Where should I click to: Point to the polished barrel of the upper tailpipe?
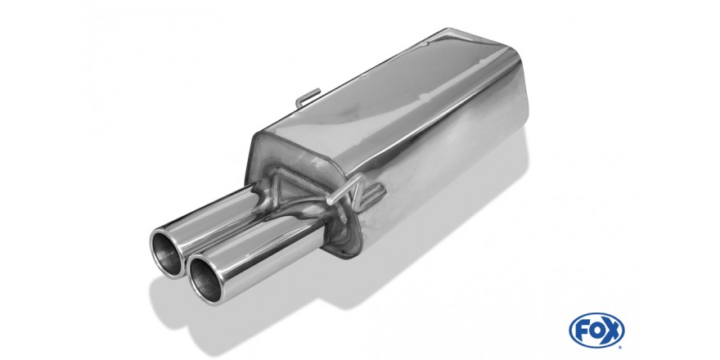[216, 216]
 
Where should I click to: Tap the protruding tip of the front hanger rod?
[330, 201]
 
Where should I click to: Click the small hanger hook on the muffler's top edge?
[307, 97]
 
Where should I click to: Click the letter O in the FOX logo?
[596, 331]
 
